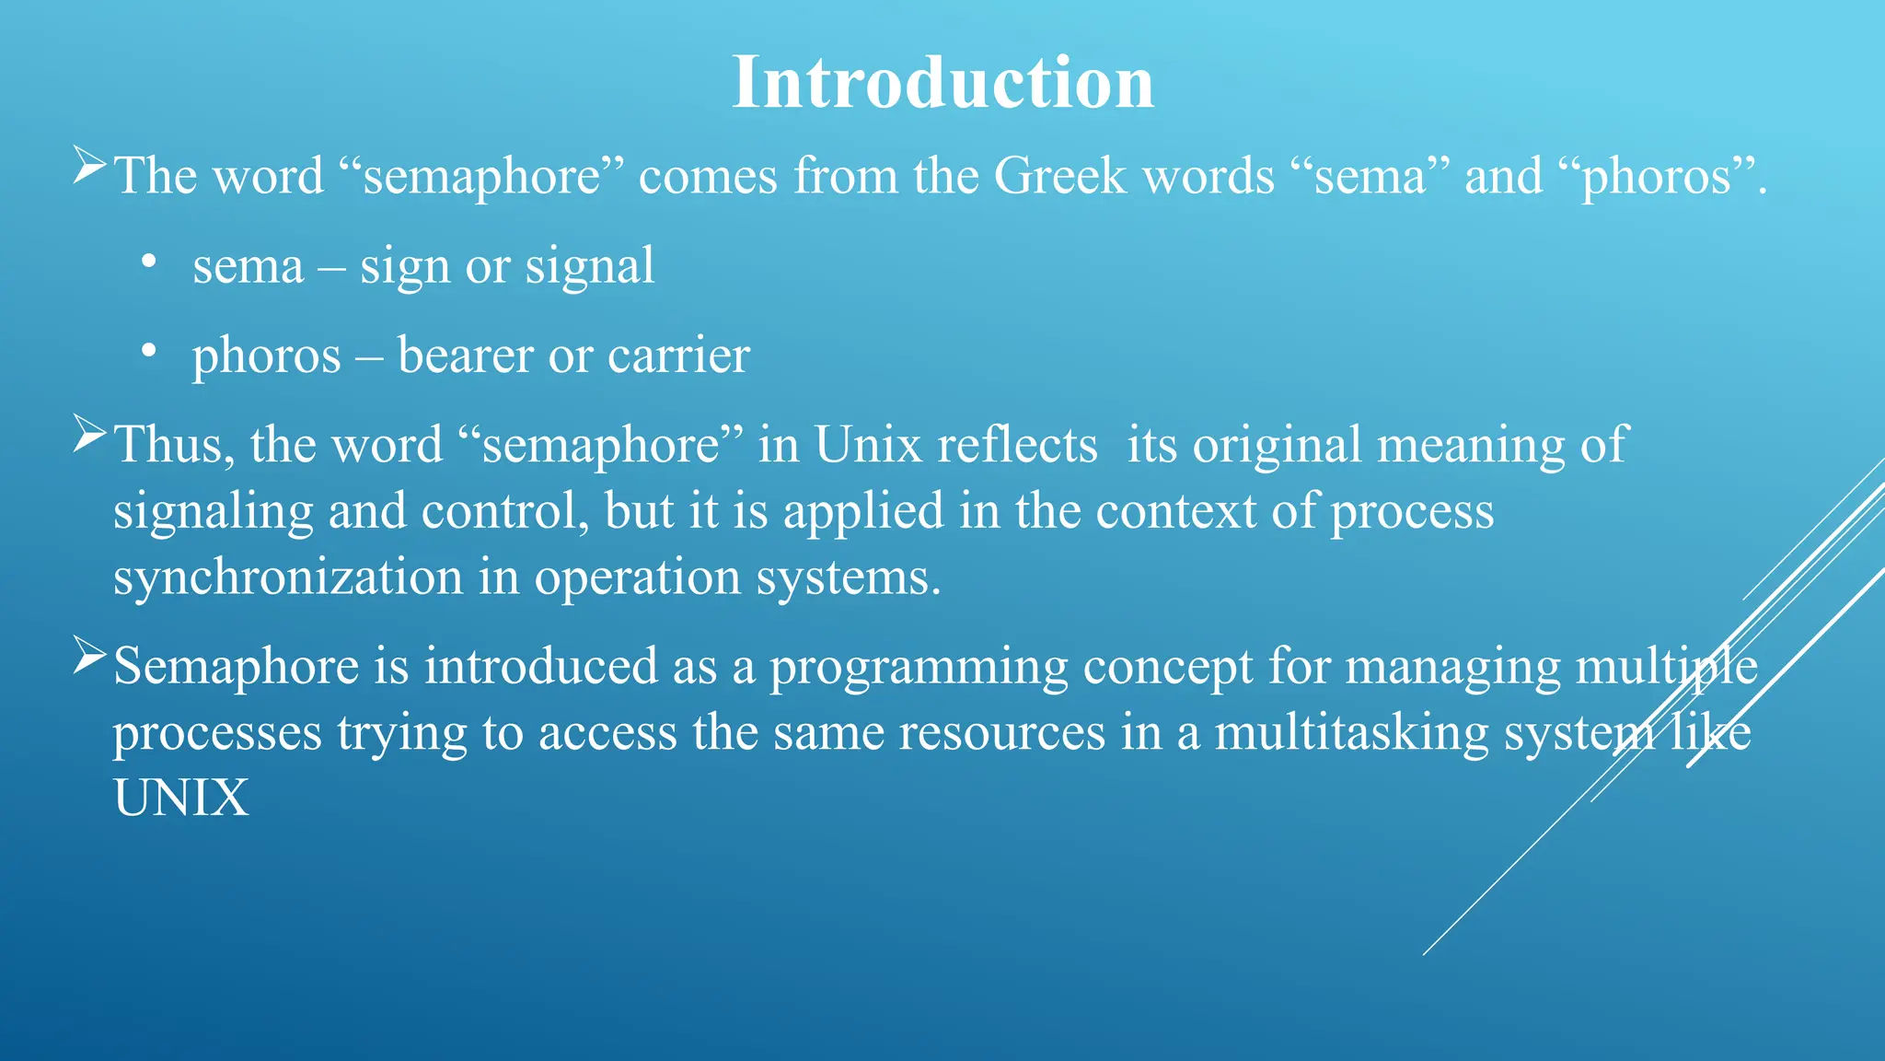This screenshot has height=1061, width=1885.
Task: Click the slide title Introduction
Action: [x=942, y=83]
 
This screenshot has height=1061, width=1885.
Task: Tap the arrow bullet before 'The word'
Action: [x=89, y=166]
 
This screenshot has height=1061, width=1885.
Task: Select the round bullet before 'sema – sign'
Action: [x=149, y=262]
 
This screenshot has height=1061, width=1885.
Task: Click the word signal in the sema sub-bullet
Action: [x=589, y=267]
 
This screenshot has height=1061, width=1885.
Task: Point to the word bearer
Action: [x=465, y=356]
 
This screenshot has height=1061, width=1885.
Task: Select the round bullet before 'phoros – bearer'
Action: [x=149, y=352]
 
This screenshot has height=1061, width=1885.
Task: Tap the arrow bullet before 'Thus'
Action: [x=89, y=434]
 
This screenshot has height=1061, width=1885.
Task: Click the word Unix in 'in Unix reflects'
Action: [x=867, y=445]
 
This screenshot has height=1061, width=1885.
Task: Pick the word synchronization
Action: [x=288, y=577]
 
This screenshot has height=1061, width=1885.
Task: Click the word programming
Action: [x=919, y=668]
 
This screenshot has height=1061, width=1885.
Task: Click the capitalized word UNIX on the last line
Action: [x=181, y=798]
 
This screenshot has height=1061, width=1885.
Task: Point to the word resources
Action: [x=1001, y=733]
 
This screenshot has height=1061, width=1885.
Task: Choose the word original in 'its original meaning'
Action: [x=1277, y=447]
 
